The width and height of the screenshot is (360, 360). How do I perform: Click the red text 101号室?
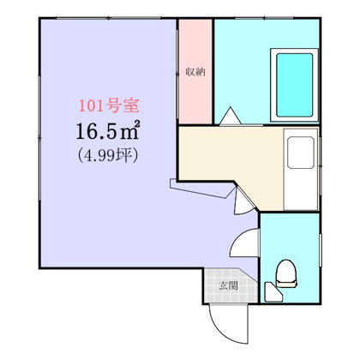(108, 109)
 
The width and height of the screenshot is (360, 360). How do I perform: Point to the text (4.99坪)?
(107, 157)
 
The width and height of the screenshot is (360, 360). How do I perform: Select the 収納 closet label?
(195, 72)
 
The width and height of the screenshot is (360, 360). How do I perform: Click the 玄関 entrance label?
(227, 285)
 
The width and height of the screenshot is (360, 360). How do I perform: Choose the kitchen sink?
(301, 154)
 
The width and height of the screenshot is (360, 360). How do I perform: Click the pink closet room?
(195, 94)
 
